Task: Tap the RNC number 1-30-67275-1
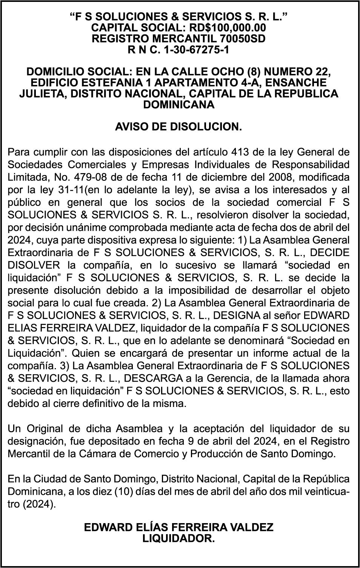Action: [196, 49]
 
